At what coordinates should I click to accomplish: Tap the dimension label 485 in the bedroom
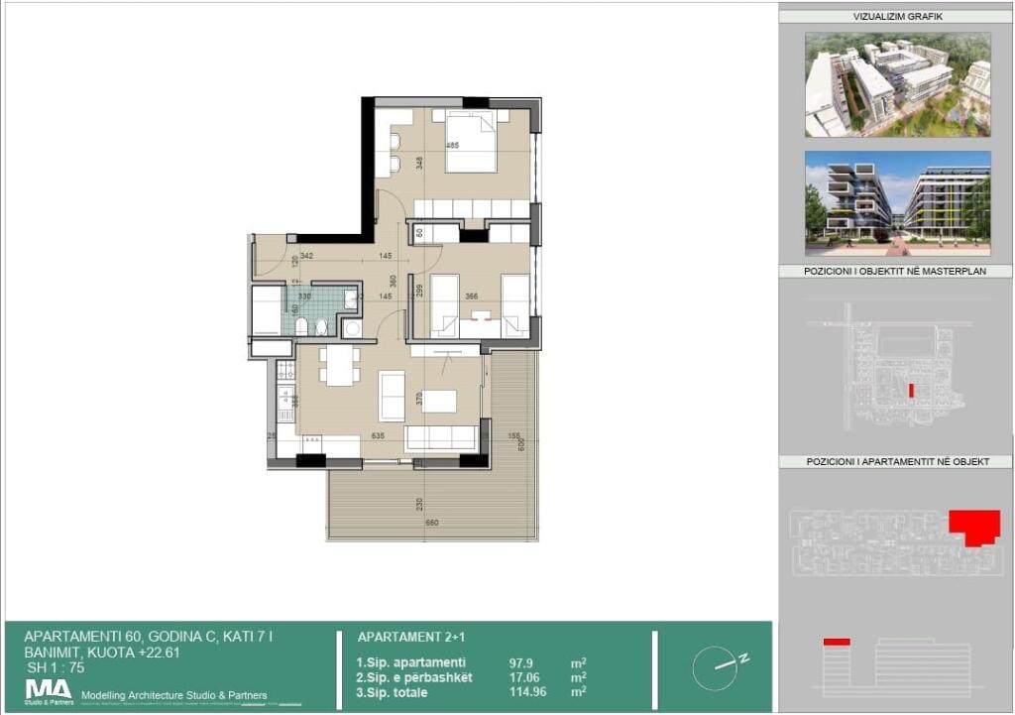pyautogui.click(x=452, y=147)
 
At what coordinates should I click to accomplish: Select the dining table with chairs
pyautogui.click(x=339, y=365)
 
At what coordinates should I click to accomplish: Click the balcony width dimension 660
pyautogui.click(x=432, y=523)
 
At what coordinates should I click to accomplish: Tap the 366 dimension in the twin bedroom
pyautogui.click(x=472, y=296)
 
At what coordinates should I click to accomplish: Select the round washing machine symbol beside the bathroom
pyautogui.click(x=352, y=328)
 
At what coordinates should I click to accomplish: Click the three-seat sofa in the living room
pyautogui.click(x=442, y=437)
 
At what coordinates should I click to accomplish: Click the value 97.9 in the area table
pyautogui.click(x=496, y=662)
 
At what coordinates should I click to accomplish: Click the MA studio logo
pyautogui.click(x=49, y=690)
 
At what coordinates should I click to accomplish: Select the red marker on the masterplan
pyautogui.click(x=910, y=390)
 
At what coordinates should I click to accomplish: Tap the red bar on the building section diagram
pyautogui.click(x=837, y=643)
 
